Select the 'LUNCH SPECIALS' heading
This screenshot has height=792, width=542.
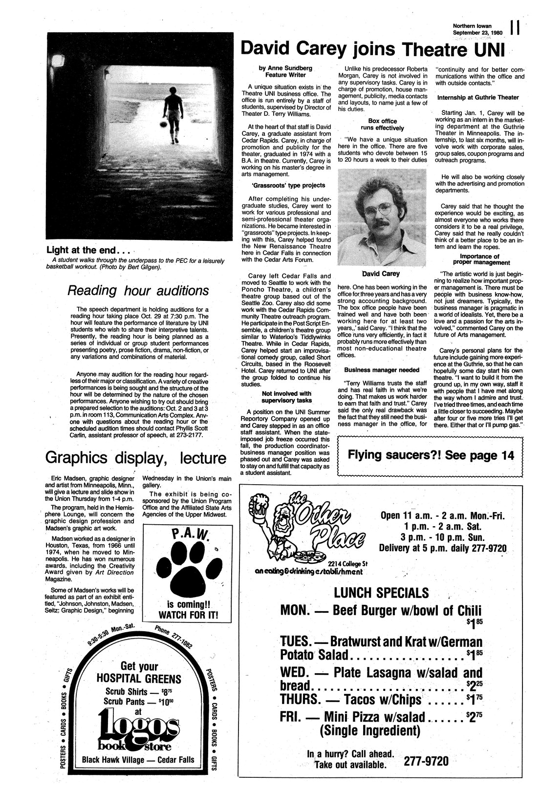pyautogui.click(x=381, y=593)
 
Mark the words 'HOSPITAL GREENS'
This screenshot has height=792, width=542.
pyautogui.click(x=139, y=679)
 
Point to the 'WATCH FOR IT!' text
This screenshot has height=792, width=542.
pyautogui.click(x=186, y=614)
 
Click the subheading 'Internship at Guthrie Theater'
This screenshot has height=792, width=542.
pyautogui.click(x=478, y=97)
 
